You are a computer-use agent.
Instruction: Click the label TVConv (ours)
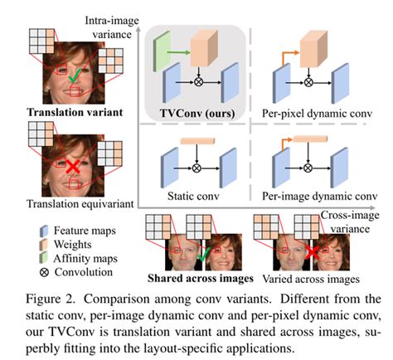197,114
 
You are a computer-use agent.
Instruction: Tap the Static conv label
193,196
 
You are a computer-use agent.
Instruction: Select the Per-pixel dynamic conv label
317,114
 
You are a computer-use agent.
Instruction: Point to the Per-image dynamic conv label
319,196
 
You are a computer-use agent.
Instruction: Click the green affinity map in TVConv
162,51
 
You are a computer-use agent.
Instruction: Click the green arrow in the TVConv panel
179,51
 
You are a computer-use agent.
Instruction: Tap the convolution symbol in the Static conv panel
196,168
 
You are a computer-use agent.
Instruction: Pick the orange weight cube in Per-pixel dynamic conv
313,49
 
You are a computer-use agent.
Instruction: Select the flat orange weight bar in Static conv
197,141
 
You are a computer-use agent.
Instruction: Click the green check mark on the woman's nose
75,75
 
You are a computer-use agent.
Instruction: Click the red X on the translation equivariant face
73,167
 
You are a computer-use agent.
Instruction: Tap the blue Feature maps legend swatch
44,231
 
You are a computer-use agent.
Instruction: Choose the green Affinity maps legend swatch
44,258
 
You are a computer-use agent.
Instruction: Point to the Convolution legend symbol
44,272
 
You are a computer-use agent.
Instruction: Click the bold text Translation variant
75,112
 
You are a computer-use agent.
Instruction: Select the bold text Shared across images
201,278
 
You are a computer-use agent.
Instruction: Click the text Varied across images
311,279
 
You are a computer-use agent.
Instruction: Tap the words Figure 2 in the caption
51,299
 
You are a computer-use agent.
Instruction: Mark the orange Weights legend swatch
44,245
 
